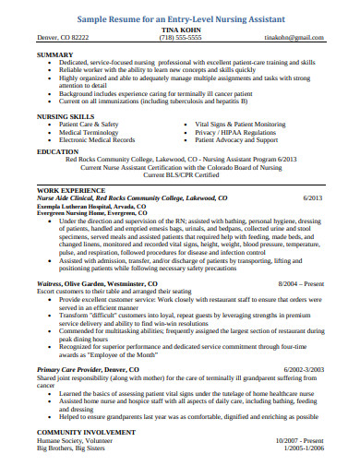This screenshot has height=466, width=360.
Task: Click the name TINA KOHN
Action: pos(180,29)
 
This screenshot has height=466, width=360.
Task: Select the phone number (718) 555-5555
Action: pos(180,39)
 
